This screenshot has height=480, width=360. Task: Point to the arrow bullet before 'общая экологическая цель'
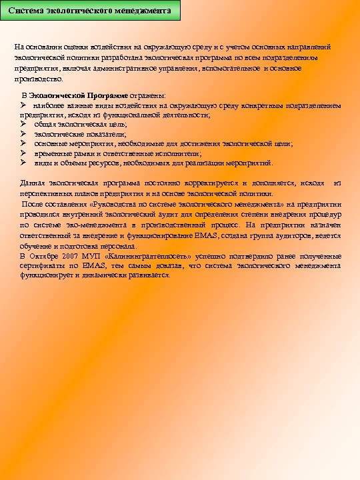pos(23,124)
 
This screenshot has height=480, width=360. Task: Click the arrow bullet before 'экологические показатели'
pos(23,133)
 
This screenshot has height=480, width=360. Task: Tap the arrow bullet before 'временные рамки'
pos(23,153)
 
